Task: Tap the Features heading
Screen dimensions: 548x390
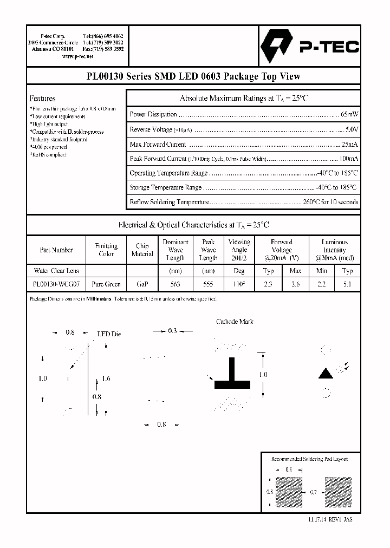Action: point(42,99)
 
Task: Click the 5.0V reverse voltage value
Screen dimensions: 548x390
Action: point(352,129)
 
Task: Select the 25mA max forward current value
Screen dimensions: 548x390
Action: point(349,145)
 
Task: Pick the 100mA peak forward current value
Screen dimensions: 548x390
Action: point(348,159)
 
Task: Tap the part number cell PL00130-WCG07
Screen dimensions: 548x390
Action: point(56,284)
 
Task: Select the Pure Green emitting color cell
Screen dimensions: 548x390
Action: point(106,284)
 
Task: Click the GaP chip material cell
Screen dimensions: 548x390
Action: point(142,284)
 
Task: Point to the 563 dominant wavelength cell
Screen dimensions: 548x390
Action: point(175,284)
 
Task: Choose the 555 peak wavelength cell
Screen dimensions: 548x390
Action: point(208,284)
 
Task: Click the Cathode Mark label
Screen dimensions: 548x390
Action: point(235,322)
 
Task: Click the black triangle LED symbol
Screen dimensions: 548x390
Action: point(325,373)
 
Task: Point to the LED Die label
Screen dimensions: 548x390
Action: point(109,334)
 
